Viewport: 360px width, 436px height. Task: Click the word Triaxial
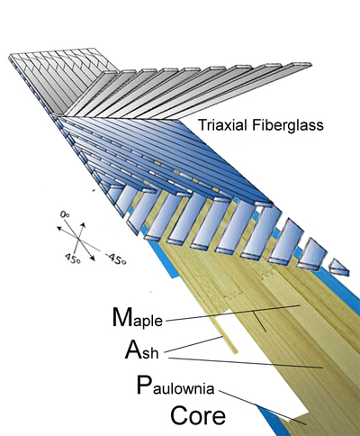coord(222,125)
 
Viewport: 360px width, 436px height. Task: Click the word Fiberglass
coord(288,125)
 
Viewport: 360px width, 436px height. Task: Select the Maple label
coord(138,318)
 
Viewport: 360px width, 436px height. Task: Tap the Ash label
coord(141,350)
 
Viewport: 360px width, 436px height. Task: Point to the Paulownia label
coord(175,386)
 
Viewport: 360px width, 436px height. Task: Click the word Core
coord(198,415)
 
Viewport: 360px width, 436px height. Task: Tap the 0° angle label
coord(65,214)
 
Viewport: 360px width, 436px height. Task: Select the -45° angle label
coord(116,259)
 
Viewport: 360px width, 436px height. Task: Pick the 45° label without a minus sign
coord(72,258)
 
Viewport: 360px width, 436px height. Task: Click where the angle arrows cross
coord(78,239)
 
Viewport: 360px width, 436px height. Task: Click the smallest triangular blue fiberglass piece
coord(339,268)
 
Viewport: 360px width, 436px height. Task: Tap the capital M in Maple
coord(122,317)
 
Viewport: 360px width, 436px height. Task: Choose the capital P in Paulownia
coord(143,385)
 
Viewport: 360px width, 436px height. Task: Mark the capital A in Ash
coord(133,350)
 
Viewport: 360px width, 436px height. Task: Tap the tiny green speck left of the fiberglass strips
coord(94,190)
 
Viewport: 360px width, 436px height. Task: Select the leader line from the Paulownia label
coord(263,407)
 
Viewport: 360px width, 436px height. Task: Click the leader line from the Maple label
coord(233,313)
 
